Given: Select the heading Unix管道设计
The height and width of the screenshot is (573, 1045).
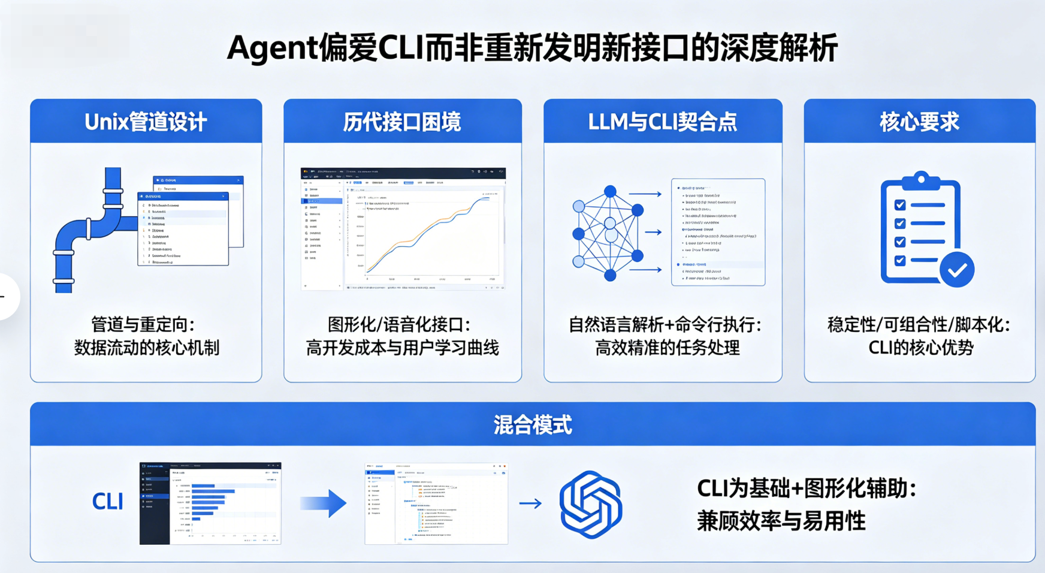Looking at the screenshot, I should coord(146,122).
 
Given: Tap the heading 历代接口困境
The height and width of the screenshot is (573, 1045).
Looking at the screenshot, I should coord(402,122).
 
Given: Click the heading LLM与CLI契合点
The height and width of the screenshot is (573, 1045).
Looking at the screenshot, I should coord(662,122).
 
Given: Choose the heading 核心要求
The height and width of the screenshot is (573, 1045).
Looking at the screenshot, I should coord(919,122).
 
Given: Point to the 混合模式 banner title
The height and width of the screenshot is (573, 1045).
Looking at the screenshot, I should coord(533,425).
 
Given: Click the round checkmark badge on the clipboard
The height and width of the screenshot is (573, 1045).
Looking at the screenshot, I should coord(956,270).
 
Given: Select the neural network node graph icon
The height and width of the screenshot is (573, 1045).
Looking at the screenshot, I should coord(608,233).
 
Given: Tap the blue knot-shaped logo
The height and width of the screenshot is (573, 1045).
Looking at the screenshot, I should coord(591,504).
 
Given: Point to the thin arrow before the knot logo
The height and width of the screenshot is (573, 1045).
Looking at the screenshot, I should coord(530,503).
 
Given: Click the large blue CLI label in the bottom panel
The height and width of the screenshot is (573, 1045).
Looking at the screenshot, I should coord(108,502).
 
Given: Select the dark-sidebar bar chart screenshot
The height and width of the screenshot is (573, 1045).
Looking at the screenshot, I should coord(210,503).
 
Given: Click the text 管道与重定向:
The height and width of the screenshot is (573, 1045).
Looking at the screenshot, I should coord(143,325).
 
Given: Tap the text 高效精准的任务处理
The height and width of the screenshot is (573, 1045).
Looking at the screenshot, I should coord(667,348).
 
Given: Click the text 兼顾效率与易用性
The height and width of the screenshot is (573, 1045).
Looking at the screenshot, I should coord(781,521).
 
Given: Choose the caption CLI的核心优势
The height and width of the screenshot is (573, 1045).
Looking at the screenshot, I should coord(920,348).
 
